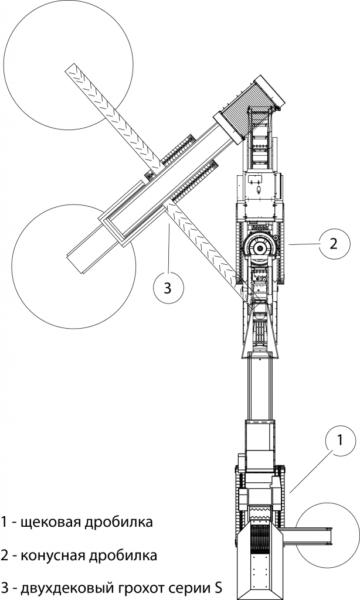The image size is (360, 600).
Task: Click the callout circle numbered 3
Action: tap(167, 288)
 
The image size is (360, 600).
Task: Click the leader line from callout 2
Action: tap(303, 243)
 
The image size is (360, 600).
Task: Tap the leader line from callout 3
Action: tap(169, 246)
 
